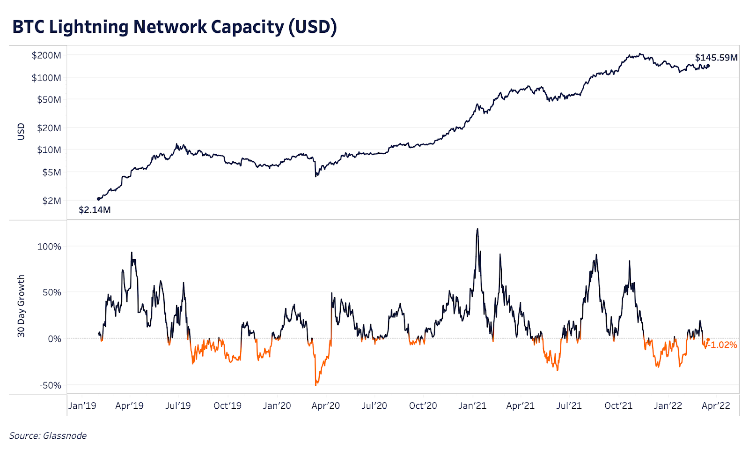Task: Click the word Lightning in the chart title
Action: (89, 27)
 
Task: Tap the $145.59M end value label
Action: (716, 58)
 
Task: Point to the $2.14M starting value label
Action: (95, 210)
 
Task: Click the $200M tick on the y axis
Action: (46, 55)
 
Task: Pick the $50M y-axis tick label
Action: (49, 99)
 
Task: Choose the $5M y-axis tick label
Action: (51, 172)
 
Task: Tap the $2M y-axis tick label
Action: (51, 201)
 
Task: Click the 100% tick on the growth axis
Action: (49, 247)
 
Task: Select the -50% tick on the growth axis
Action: (50, 385)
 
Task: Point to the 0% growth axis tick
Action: (54, 339)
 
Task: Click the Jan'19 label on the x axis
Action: (82, 405)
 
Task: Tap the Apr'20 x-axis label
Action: (326, 405)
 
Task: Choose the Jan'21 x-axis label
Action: (472, 405)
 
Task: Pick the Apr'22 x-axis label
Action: (716, 405)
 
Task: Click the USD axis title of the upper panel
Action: (21, 132)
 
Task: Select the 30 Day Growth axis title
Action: (21, 306)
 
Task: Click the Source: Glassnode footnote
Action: (48, 435)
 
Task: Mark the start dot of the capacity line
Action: (98, 199)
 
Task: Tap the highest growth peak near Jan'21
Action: (477, 229)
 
